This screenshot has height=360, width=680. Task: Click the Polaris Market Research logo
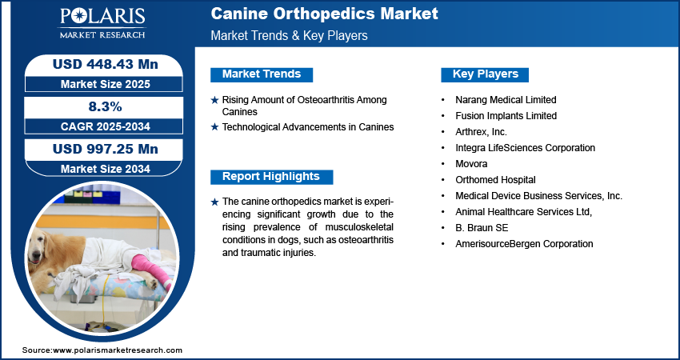click(102, 23)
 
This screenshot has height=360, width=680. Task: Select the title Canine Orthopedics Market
click(324, 14)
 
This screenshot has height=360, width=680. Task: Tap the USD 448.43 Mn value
click(106, 64)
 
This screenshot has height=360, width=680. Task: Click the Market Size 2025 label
click(106, 84)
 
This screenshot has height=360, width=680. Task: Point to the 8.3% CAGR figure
click(106, 106)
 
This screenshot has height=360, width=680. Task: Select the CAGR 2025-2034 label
click(106, 126)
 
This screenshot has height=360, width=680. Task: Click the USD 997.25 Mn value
click(106, 150)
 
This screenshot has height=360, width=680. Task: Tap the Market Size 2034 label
click(106, 169)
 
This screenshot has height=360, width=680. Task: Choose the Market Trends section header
click(262, 74)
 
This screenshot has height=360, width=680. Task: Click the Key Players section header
click(485, 74)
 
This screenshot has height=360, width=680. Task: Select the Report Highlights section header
click(271, 177)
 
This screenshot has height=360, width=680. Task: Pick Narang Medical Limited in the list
click(506, 100)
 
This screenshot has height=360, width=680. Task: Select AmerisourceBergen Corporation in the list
click(524, 244)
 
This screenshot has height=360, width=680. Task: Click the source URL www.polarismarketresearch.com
click(118, 350)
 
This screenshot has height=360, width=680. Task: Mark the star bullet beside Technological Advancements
click(214, 127)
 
